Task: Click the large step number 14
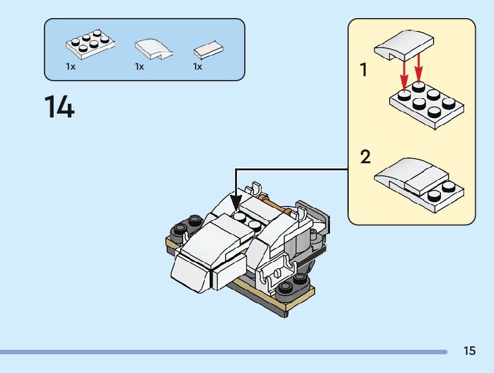tap(59, 106)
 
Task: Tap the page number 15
tap(469, 350)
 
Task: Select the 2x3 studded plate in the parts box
tap(90, 45)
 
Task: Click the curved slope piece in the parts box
tap(154, 49)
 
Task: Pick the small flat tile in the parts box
tap(208, 50)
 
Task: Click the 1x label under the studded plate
tap(70, 66)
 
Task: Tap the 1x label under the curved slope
tap(139, 66)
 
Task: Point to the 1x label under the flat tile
tap(198, 66)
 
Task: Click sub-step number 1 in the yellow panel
tap(364, 70)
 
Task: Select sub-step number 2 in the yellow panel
tap(365, 156)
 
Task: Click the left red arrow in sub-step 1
tap(404, 75)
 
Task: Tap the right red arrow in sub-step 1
tap(418, 68)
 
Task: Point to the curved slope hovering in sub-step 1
tap(404, 45)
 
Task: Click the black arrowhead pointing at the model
tap(236, 203)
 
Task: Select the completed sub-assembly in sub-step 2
tap(419, 185)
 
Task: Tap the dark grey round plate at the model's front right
tap(293, 285)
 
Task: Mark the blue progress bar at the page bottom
tap(223, 352)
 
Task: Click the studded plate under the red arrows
tap(427, 105)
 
